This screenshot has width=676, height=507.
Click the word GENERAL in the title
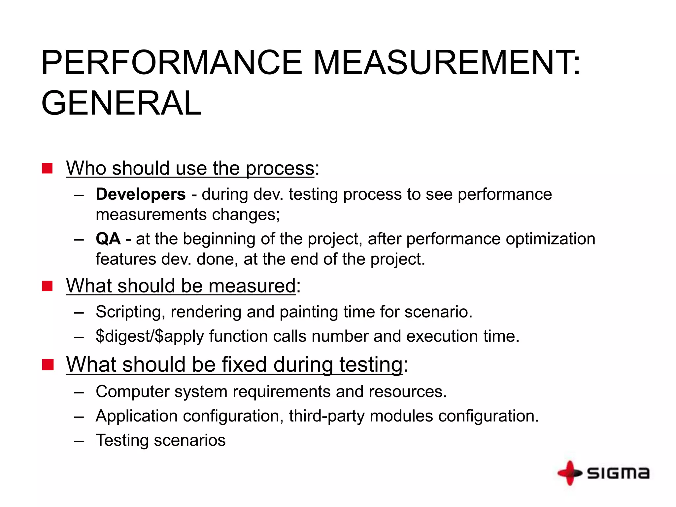click(x=121, y=103)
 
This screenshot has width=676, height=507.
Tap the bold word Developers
click(x=141, y=194)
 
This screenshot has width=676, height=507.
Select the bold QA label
click(x=108, y=239)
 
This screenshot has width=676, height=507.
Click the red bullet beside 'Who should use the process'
click(x=47, y=168)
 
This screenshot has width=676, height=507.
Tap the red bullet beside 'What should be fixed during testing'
click(x=48, y=365)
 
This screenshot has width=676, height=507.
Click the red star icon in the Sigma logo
click(x=570, y=473)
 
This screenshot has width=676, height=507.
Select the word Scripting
click(x=130, y=312)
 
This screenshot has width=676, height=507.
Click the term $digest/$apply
click(x=150, y=336)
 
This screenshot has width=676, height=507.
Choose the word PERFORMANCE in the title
click(x=172, y=63)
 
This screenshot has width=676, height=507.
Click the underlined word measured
click(x=252, y=286)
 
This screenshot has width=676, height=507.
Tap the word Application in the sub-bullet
click(x=137, y=416)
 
